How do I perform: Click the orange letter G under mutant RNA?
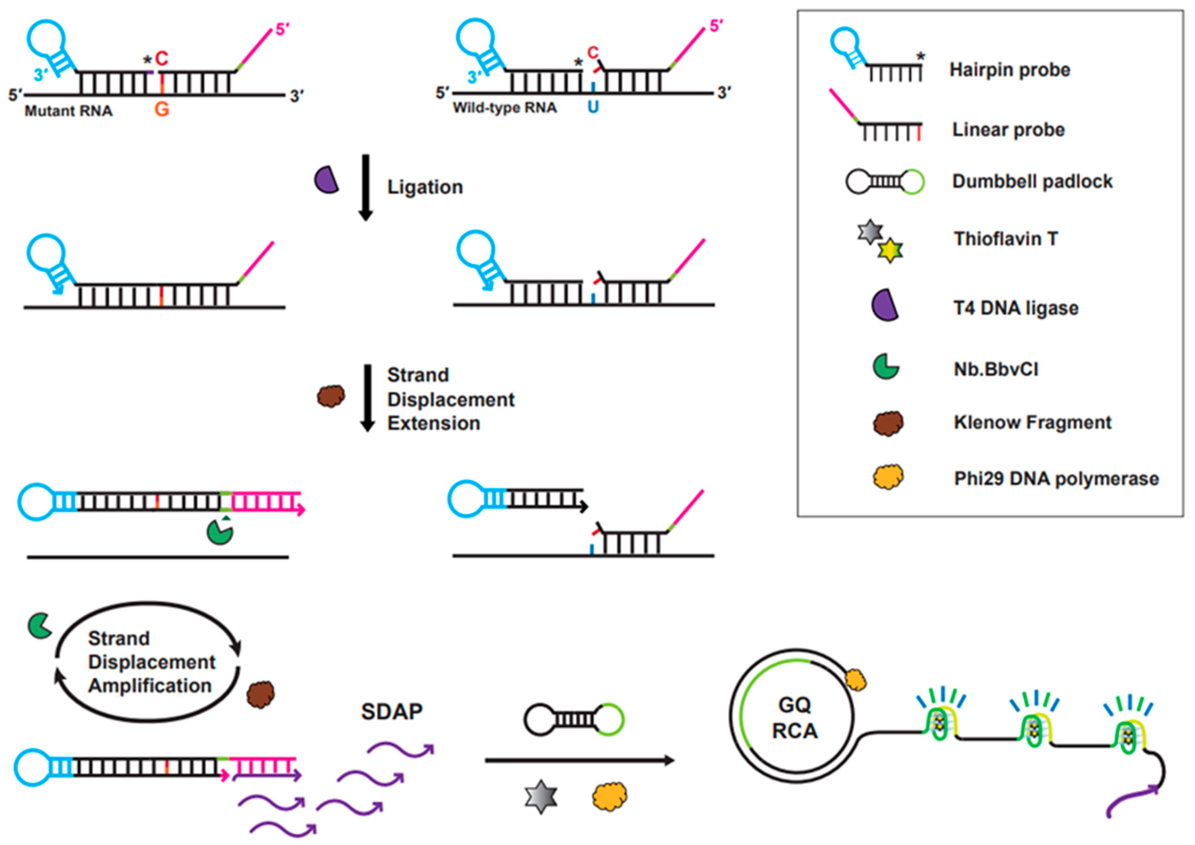coord(162,109)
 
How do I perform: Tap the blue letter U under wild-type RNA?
coord(593,107)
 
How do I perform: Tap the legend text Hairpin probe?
coord(1010,70)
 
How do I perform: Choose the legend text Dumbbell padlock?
coord(1032,181)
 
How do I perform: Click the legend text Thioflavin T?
coord(1005,239)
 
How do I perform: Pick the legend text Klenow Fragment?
coord(1032,422)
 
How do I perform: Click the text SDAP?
coord(391,712)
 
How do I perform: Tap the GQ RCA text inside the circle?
coord(795,718)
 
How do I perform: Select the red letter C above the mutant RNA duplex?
coord(162,58)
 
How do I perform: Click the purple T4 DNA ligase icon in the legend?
coord(885,305)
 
